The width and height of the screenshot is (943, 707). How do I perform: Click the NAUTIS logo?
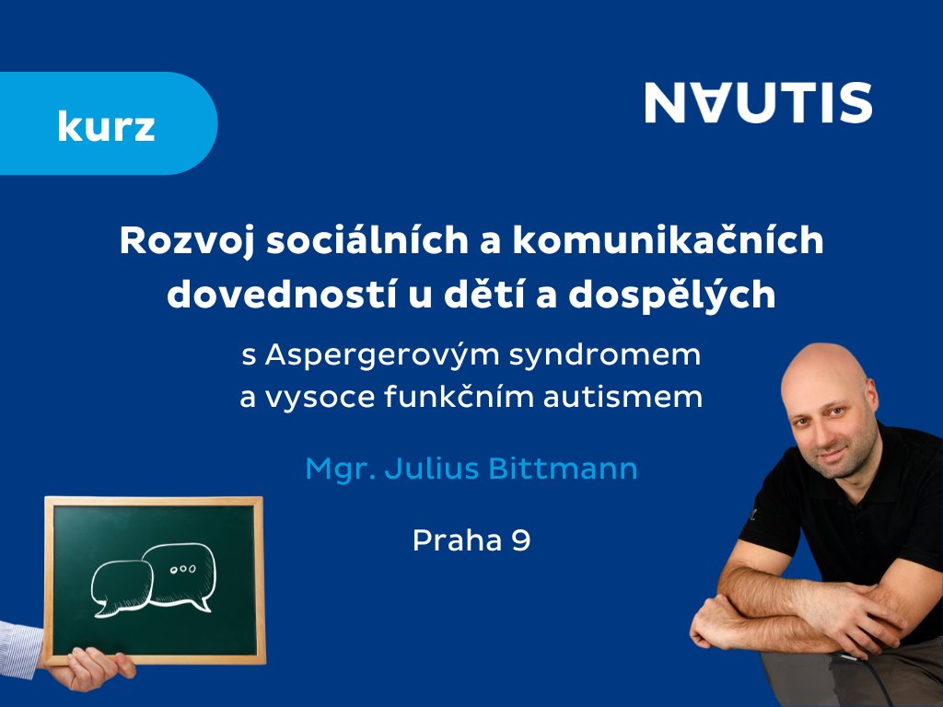[759, 103]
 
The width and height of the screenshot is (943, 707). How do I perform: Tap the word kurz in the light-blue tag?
[107, 126]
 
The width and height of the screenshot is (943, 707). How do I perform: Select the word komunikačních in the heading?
[668, 239]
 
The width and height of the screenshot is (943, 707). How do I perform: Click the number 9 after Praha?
[521, 540]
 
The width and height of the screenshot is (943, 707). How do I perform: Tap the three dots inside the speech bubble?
[183, 569]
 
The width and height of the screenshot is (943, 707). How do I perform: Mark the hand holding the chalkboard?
[90, 668]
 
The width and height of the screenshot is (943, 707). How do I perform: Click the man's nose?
[828, 431]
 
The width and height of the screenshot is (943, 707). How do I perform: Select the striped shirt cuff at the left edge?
[20, 650]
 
